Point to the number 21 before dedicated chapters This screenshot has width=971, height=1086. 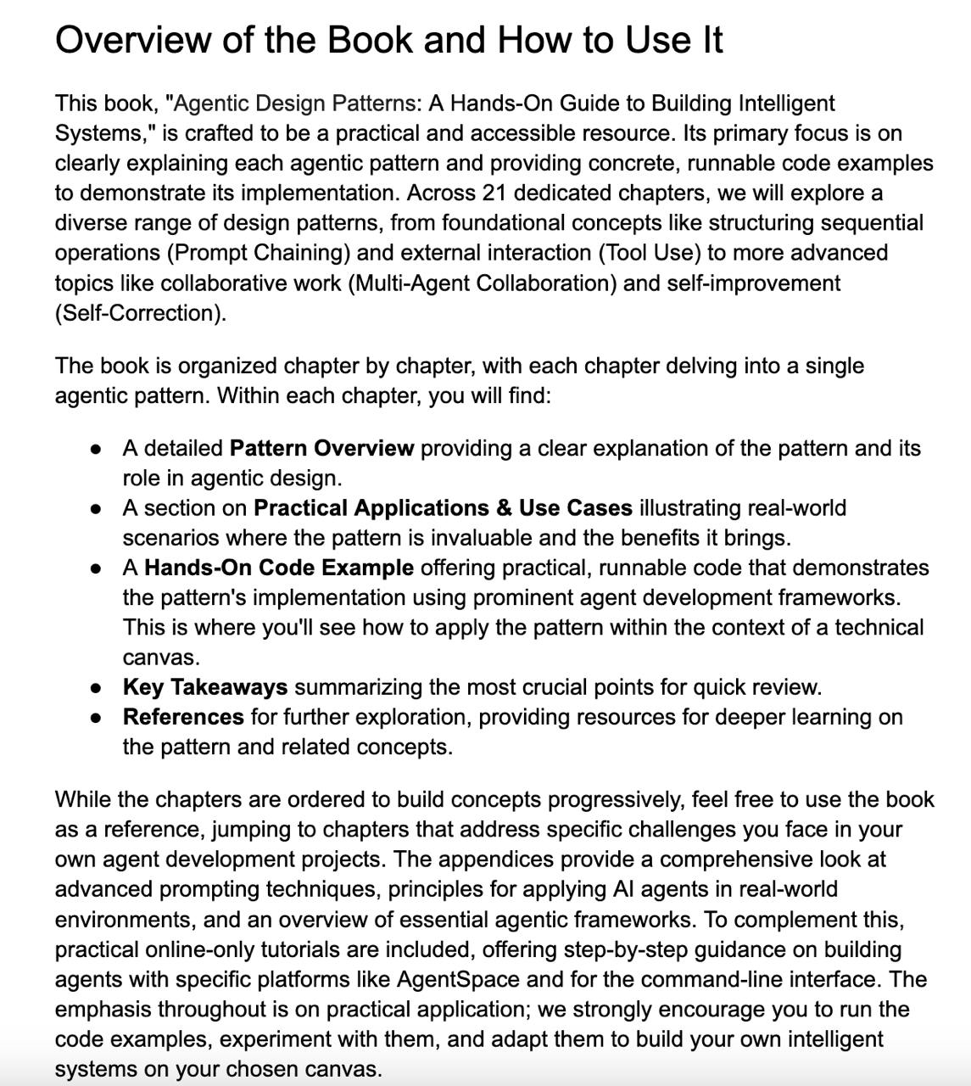tap(494, 193)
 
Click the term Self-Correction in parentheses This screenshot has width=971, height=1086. tap(140, 313)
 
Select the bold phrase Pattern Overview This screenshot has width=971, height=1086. tap(322, 448)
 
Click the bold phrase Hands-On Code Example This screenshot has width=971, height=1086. tap(279, 568)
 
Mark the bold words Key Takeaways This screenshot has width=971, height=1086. tap(205, 687)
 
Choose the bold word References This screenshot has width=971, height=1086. tap(183, 717)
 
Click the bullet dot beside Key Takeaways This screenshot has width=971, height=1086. tap(97, 688)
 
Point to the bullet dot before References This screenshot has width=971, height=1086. tap(97, 718)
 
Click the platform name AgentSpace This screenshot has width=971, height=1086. tap(458, 979)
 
